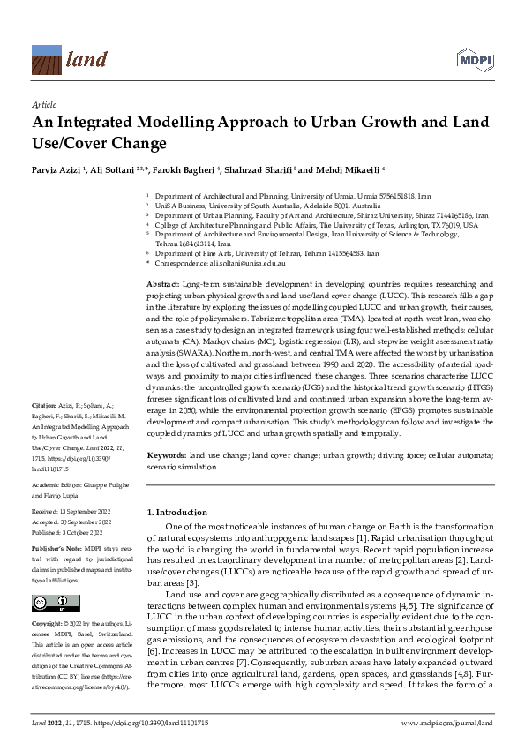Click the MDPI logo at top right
coord(474,61)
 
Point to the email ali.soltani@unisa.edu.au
coord(250,264)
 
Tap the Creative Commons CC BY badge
coord(50,604)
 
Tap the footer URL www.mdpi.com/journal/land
coord(445,723)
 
